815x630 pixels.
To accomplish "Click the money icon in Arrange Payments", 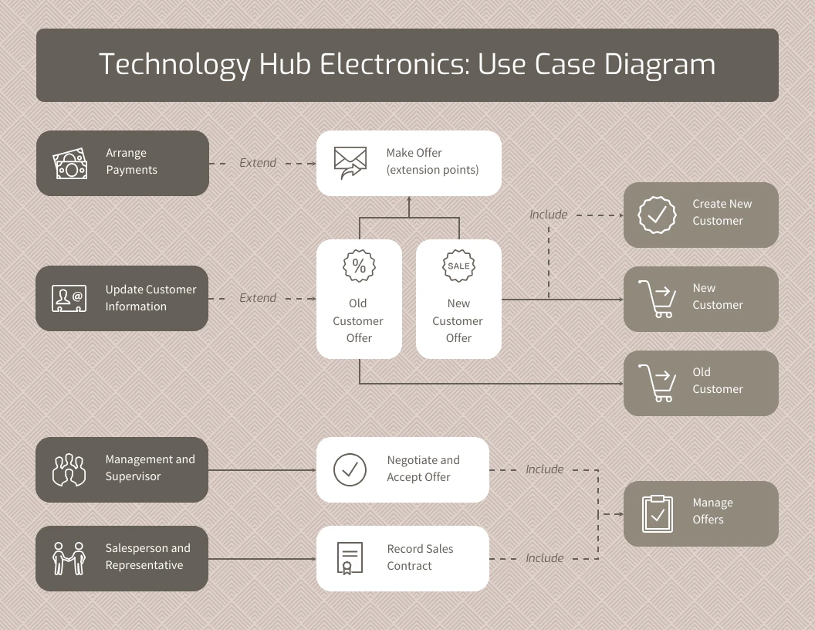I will (x=70, y=164).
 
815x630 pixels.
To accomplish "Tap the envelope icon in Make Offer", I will (x=350, y=163).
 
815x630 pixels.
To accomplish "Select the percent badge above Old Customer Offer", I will (x=359, y=266).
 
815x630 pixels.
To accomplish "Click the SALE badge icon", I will (x=458, y=266).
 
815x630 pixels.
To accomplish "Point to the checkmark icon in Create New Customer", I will (x=657, y=215).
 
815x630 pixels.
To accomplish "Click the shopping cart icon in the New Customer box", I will (x=656, y=299).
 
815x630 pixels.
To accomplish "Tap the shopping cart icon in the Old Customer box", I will (x=656, y=383).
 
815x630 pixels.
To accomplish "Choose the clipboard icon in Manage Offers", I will (x=658, y=513).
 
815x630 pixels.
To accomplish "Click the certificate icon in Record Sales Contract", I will (x=350, y=558).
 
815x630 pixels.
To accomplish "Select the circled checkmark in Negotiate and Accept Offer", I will (x=350, y=469).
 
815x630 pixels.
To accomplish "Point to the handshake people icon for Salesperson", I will (x=69, y=558).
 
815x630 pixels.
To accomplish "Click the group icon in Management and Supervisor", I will (x=69, y=469).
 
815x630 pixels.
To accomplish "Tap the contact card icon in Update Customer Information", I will (x=69, y=299).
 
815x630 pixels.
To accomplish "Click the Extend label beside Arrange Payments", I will (x=258, y=163).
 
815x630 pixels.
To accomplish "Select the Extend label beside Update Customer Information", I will (x=258, y=298).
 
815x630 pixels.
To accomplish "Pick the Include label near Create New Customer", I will (x=549, y=215).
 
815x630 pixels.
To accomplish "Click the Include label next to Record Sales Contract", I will (x=545, y=558).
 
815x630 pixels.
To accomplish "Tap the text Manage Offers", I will (x=712, y=511).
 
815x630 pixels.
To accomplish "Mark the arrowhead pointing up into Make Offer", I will (x=409, y=201).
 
